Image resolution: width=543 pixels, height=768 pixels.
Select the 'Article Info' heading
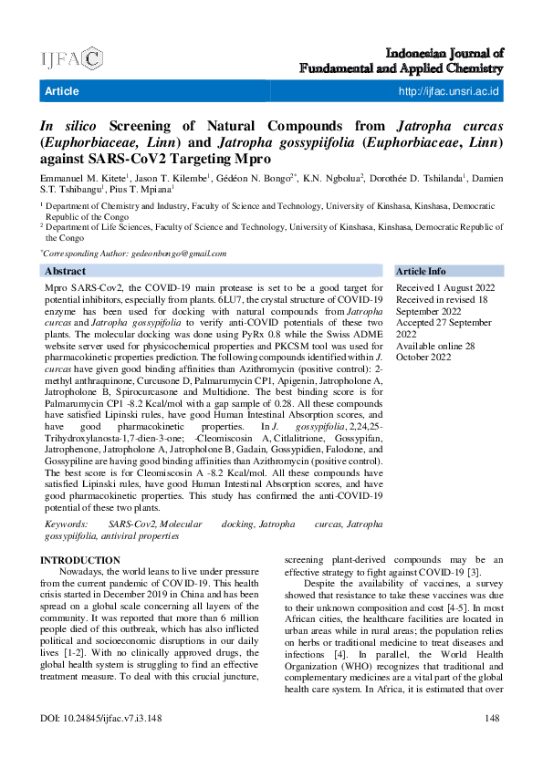[421, 271]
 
